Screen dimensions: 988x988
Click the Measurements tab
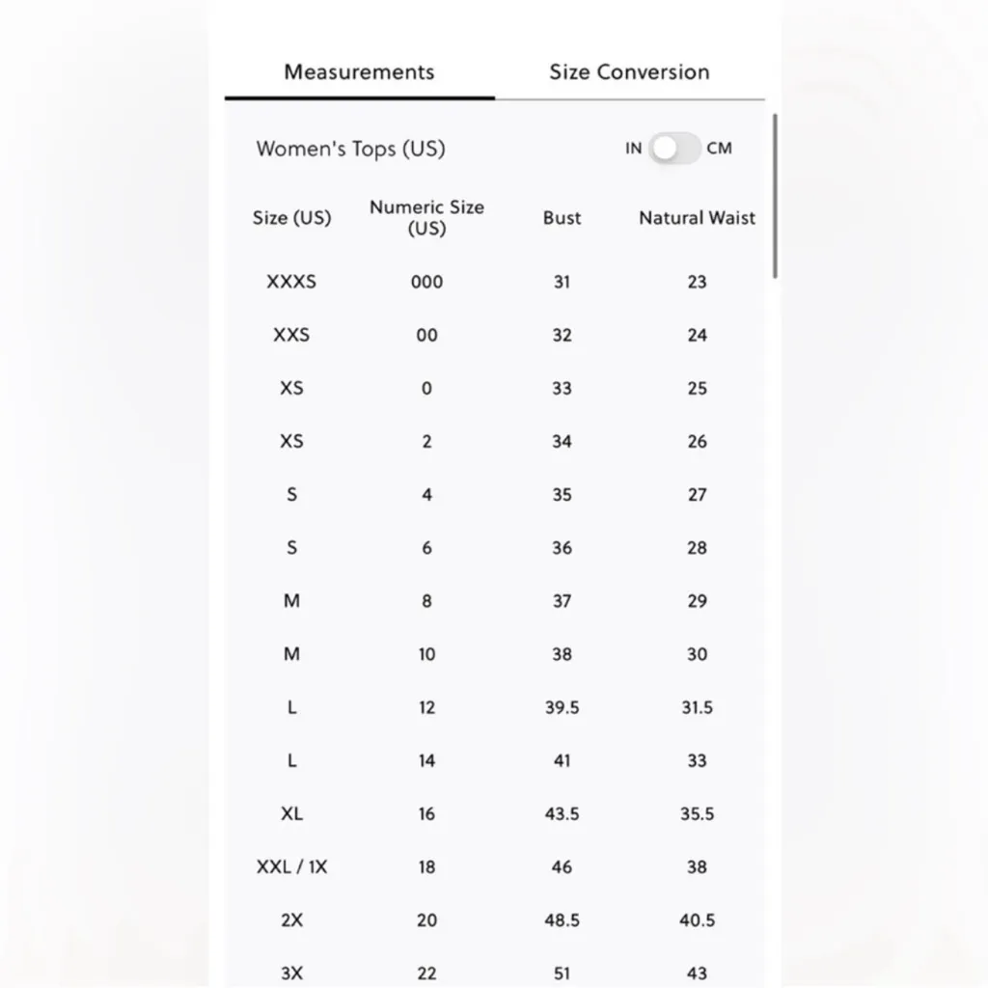click(x=359, y=72)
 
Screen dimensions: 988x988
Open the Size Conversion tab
click(x=629, y=72)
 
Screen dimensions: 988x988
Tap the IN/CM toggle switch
click(x=674, y=149)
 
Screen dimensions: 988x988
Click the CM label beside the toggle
click(x=719, y=149)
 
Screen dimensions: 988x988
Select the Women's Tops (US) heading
click(x=350, y=149)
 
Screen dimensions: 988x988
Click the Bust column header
click(x=562, y=218)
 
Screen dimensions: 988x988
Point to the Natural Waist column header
click(x=697, y=218)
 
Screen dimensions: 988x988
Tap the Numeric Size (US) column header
click(x=426, y=217)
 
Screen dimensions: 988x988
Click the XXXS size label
click(x=291, y=282)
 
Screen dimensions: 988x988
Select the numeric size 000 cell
click(x=426, y=282)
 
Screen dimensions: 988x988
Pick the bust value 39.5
click(x=562, y=707)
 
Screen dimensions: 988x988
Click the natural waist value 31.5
click(x=697, y=707)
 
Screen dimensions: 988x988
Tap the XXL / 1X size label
click(x=291, y=866)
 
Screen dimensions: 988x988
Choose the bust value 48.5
click(x=562, y=920)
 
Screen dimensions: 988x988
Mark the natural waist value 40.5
click(x=697, y=920)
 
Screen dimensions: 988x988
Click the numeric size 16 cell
click(x=426, y=814)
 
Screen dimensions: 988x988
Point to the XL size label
click(x=291, y=814)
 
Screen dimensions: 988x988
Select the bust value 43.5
click(x=562, y=814)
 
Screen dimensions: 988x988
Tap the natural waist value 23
click(x=697, y=282)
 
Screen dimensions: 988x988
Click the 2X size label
click(x=291, y=920)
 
